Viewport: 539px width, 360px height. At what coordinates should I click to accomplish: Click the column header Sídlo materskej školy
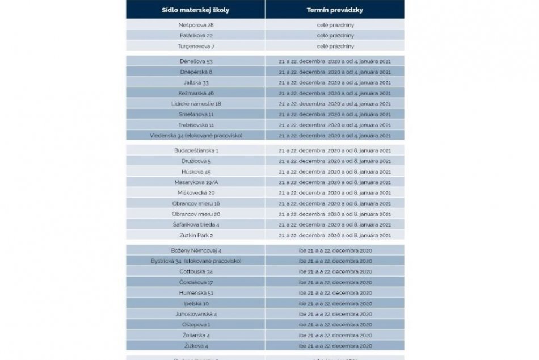(195, 10)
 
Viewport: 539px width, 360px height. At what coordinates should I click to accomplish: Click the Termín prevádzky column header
(335, 10)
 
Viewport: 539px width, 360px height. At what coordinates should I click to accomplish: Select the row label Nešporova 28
(195, 26)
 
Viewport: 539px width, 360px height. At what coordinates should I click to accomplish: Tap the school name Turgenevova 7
(195, 46)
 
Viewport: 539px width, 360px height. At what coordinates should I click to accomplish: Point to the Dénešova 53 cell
(195, 61)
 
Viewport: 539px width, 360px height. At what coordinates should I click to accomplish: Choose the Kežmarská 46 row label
(195, 93)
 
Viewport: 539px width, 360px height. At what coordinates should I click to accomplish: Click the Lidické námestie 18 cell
(195, 103)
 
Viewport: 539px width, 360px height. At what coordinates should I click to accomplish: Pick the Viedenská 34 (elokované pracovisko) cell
(195, 136)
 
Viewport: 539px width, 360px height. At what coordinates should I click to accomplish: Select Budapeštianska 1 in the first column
(195, 150)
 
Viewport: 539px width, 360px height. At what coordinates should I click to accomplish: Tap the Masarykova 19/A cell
(195, 182)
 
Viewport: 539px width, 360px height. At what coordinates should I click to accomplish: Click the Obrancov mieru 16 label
(195, 203)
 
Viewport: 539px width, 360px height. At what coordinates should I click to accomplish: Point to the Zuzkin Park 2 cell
(195, 235)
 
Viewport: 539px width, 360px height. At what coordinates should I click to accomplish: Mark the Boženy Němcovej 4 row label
(195, 250)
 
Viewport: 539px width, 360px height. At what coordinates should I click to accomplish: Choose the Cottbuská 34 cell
(195, 271)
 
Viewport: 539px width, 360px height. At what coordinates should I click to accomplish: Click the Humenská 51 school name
(195, 292)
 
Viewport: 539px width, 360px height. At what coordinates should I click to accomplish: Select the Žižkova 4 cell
(195, 345)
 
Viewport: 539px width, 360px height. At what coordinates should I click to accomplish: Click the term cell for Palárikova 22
(335, 35)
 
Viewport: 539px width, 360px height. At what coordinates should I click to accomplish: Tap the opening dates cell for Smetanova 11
(335, 114)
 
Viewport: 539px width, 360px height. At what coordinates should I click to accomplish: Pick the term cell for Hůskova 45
(335, 171)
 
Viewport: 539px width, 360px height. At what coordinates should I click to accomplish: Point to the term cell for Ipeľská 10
(335, 303)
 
